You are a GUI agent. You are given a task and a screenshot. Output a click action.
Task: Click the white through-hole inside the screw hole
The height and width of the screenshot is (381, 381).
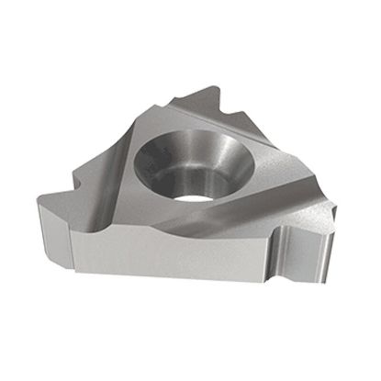[x=187, y=194]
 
